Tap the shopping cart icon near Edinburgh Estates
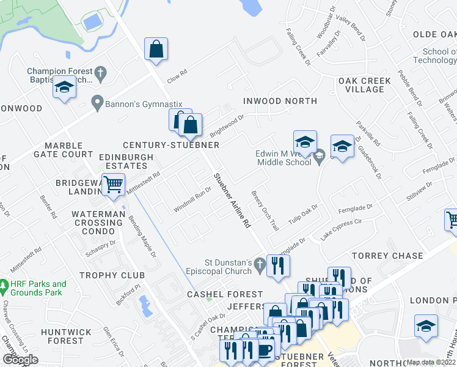pyautogui.click(x=113, y=184)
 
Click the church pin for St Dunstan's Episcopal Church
pyautogui.click(x=260, y=265)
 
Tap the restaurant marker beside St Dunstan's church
pyautogui.click(x=278, y=265)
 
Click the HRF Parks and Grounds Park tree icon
pyautogui.click(x=4, y=285)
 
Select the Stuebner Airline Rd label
pyautogui.click(x=232, y=201)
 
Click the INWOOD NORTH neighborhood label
pyautogui.click(x=280, y=100)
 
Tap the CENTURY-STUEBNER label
pyautogui.click(x=171, y=145)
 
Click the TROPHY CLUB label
pyautogui.click(x=111, y=275)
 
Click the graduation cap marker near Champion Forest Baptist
pyautogui.click(x=64, y=88)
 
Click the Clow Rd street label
pyautogui.click(x=176, y=76)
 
